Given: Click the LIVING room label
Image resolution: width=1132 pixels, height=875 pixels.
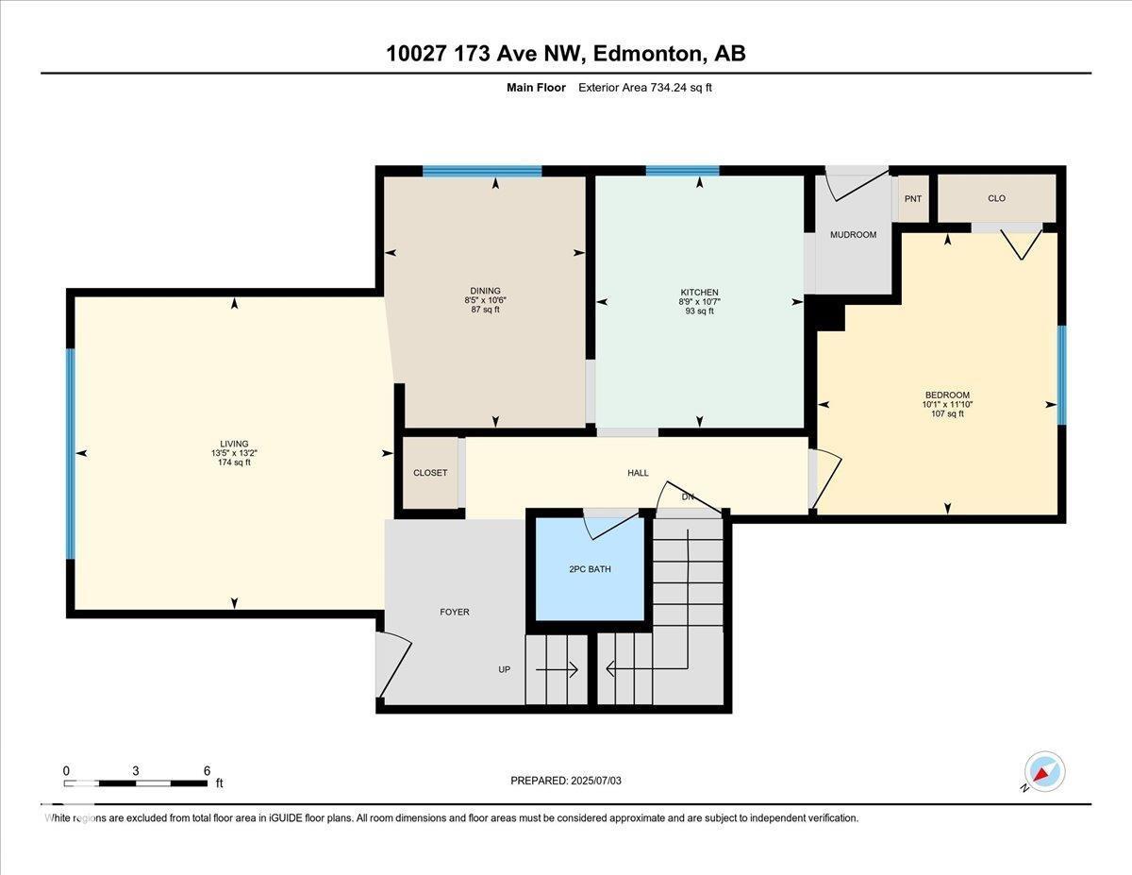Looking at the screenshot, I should tap(234, 444).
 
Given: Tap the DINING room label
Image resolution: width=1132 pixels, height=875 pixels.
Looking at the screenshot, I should tap(485, 291).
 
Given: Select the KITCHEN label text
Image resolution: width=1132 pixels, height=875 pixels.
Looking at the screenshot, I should tap(699, 293).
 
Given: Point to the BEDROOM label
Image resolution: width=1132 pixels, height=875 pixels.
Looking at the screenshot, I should tap(947, 395).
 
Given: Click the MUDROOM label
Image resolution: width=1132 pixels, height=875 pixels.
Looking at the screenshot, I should tap(853, 235).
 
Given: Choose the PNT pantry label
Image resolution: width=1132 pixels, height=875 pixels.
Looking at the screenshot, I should tap(912, 199).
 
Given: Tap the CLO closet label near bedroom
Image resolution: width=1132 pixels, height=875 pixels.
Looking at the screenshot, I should tap(996, 198).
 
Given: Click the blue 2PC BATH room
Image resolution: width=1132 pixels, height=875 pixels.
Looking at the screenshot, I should tap(591, 569).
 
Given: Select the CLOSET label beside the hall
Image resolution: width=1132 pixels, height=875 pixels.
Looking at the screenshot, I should tap(430, 473).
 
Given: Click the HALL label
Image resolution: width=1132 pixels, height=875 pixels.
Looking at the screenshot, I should tap(638, 473).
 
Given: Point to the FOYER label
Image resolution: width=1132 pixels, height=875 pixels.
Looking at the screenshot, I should tap(455, 612).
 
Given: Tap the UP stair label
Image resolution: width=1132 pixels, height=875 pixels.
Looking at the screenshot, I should tap(505, 670).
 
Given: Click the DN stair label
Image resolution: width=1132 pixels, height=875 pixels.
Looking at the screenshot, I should tap(688, 496).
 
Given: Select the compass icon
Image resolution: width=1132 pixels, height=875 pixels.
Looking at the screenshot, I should tap(1044, 771).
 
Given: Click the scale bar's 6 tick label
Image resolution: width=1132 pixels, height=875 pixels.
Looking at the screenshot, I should tap(207, 770).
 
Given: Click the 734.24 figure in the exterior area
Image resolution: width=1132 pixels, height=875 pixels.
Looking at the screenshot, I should tap(669, 88).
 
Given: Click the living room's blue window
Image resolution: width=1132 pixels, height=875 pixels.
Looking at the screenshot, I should tap(70, 453).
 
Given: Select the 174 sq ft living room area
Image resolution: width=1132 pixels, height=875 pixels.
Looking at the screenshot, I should tap(234, 463).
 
